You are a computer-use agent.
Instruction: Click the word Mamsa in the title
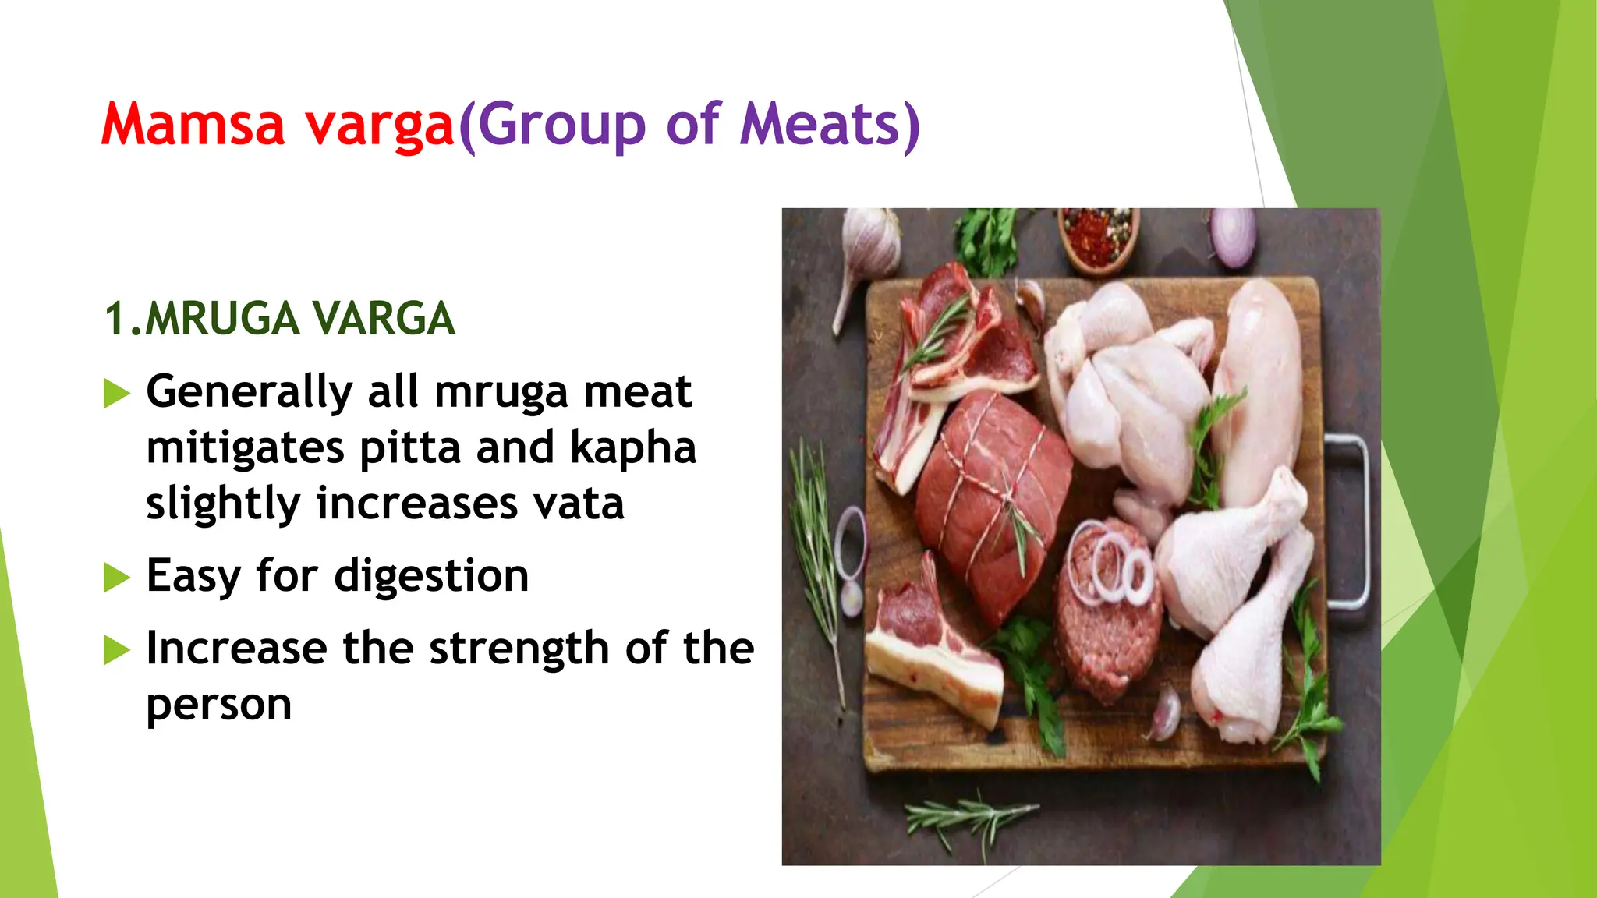pyautogui.click(x=193, y=125)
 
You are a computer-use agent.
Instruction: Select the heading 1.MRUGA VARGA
pyautogui.click(x=279, y=319)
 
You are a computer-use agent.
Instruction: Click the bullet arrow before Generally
pyautogui.click(x=116, y=394)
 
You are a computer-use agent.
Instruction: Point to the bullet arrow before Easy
pyautogui.click(x=116, y=578)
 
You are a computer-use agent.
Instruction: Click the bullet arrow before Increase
pyautogui.click(x=116, y=650)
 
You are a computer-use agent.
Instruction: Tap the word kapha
pyautogui.click(x=632, y=447)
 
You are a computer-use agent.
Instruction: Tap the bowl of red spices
pyautogui.click(x=1099, y=238)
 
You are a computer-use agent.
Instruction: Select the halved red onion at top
pyautogui.click(x=1233, y=234)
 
